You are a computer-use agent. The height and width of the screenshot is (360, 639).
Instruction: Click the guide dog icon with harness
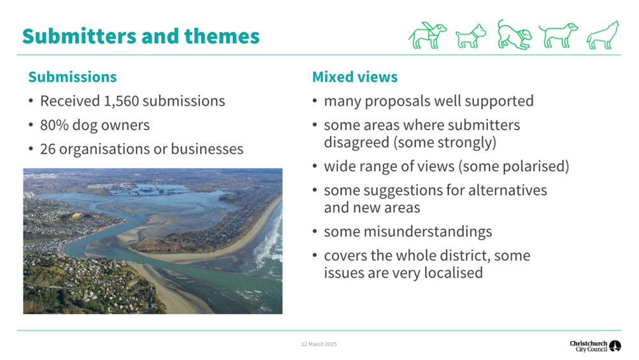tap(427, 36)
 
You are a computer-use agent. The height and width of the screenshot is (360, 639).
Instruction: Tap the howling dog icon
tap(603, 36)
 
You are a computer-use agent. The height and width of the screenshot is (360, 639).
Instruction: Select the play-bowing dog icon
tap(514, 34)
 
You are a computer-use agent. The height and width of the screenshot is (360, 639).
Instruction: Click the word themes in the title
tap(222, 36)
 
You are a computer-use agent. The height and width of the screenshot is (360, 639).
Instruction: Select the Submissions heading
tap(73, 76)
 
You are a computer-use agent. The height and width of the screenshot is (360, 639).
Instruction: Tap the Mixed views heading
tap(355, 76)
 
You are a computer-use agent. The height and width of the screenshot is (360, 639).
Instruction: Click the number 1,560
tap(121, 101)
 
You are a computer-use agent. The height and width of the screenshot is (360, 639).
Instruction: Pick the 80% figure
tap(54, 125)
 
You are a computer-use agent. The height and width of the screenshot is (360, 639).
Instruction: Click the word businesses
tap(207, 149)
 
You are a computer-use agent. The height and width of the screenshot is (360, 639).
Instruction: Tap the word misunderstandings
tap(428, 231)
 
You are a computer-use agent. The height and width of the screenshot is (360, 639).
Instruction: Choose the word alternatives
tap(507, 190)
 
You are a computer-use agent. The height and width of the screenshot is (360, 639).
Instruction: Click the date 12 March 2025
tap(319, 344)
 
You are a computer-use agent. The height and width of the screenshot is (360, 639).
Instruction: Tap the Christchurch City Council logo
tap(596, 346)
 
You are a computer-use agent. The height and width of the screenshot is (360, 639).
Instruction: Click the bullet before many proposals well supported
tap(315, 101)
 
